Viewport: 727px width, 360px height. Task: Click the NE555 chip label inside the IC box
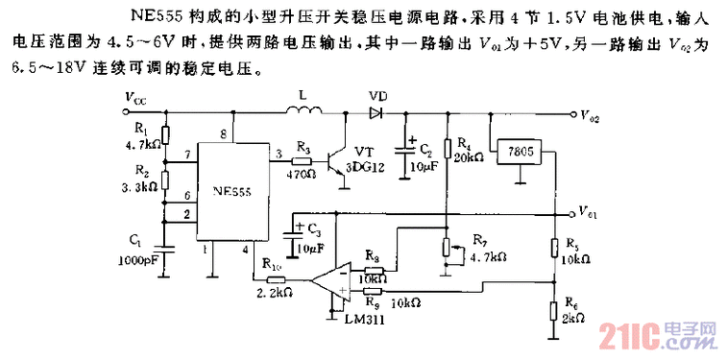(228, 192)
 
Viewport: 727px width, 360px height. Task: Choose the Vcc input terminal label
(135, 98)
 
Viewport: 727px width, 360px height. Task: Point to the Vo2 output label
(590, 115)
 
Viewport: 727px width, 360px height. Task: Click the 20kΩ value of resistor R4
(471, 156)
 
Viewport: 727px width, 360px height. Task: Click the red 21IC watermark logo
(625, 336)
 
